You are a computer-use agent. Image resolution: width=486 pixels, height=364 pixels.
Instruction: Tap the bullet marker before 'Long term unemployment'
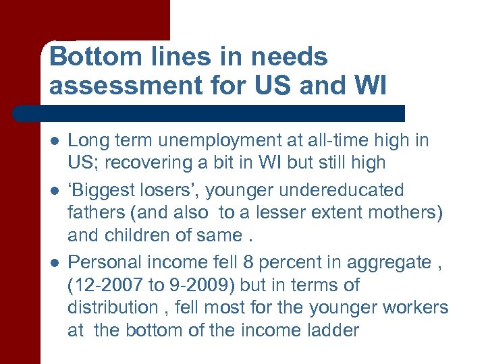(x=53, y=141)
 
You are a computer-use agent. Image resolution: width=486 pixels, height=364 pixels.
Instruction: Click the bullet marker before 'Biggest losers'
(x=53, y=191)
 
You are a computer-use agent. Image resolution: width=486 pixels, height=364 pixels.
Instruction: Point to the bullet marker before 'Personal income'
(x=53, y=262)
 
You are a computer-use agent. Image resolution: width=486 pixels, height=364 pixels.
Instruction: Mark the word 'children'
(x=137, y=235)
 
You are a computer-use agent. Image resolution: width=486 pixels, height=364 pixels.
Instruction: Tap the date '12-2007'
(x=106, y=285)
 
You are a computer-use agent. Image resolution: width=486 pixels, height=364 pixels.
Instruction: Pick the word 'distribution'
(x=112, y=307)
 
